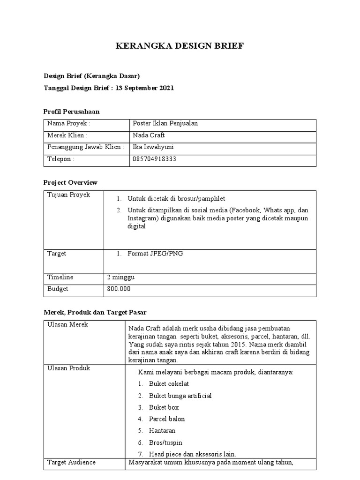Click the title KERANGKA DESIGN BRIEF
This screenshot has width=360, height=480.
[180, 46]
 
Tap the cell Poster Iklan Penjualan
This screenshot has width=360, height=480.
[165, 124]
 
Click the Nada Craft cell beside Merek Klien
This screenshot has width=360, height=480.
[149, 135]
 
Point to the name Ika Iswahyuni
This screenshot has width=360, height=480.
[153, 147]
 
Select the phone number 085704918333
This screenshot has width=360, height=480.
[155, 159]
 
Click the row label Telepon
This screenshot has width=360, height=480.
[61, 159]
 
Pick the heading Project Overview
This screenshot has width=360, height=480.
[70, 182]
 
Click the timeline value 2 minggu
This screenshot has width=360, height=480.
[121, 277]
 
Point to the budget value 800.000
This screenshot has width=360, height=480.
[119, 289]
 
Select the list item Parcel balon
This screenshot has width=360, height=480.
[167, 419]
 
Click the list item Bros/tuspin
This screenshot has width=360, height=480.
[165, 442]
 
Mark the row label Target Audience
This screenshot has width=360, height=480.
[71, 463]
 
